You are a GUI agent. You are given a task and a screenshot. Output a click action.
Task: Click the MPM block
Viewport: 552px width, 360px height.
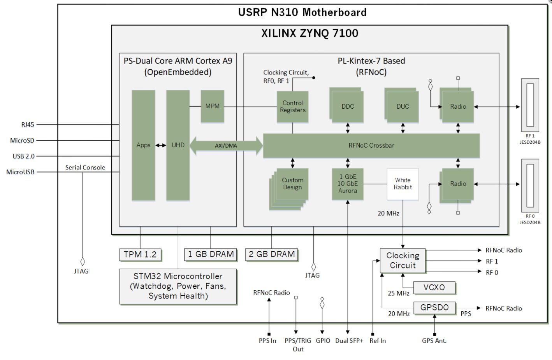212,106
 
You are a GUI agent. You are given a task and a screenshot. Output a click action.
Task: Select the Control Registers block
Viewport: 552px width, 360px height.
292,106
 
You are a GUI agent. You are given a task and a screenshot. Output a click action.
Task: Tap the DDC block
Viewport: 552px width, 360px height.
347,106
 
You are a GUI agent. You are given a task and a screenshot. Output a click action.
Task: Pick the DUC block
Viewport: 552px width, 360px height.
403,106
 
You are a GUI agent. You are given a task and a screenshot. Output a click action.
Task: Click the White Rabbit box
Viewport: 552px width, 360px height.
403,184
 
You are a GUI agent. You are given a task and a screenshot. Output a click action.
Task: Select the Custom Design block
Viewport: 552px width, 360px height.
292,184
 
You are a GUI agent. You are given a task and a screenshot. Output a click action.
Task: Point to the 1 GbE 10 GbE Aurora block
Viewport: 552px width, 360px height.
347,184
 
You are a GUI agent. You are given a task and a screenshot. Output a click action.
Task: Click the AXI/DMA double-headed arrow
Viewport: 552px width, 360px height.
226,146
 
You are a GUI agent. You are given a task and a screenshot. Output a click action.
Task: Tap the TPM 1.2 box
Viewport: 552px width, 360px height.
140,255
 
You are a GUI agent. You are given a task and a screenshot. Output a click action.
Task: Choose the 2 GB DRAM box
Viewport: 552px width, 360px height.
271,254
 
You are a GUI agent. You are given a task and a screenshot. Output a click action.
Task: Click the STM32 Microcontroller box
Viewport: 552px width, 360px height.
178,286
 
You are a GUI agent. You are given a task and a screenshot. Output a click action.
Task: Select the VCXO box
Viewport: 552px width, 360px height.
434,288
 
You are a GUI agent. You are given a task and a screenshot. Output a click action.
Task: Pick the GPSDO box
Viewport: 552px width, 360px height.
434,308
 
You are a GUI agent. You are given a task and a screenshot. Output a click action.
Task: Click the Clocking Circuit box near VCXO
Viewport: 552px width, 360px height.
403,261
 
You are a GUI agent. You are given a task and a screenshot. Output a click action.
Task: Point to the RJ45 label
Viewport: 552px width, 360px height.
28,125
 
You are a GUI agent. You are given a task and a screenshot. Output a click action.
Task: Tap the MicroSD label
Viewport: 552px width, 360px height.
22,140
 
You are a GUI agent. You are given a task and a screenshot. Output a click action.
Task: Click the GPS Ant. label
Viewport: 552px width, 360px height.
434,341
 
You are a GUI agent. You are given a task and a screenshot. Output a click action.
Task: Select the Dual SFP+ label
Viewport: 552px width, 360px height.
349,341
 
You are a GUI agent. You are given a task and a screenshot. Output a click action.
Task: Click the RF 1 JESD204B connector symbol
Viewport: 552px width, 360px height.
530,105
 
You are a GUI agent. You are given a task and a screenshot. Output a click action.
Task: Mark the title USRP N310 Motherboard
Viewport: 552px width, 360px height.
302,12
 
